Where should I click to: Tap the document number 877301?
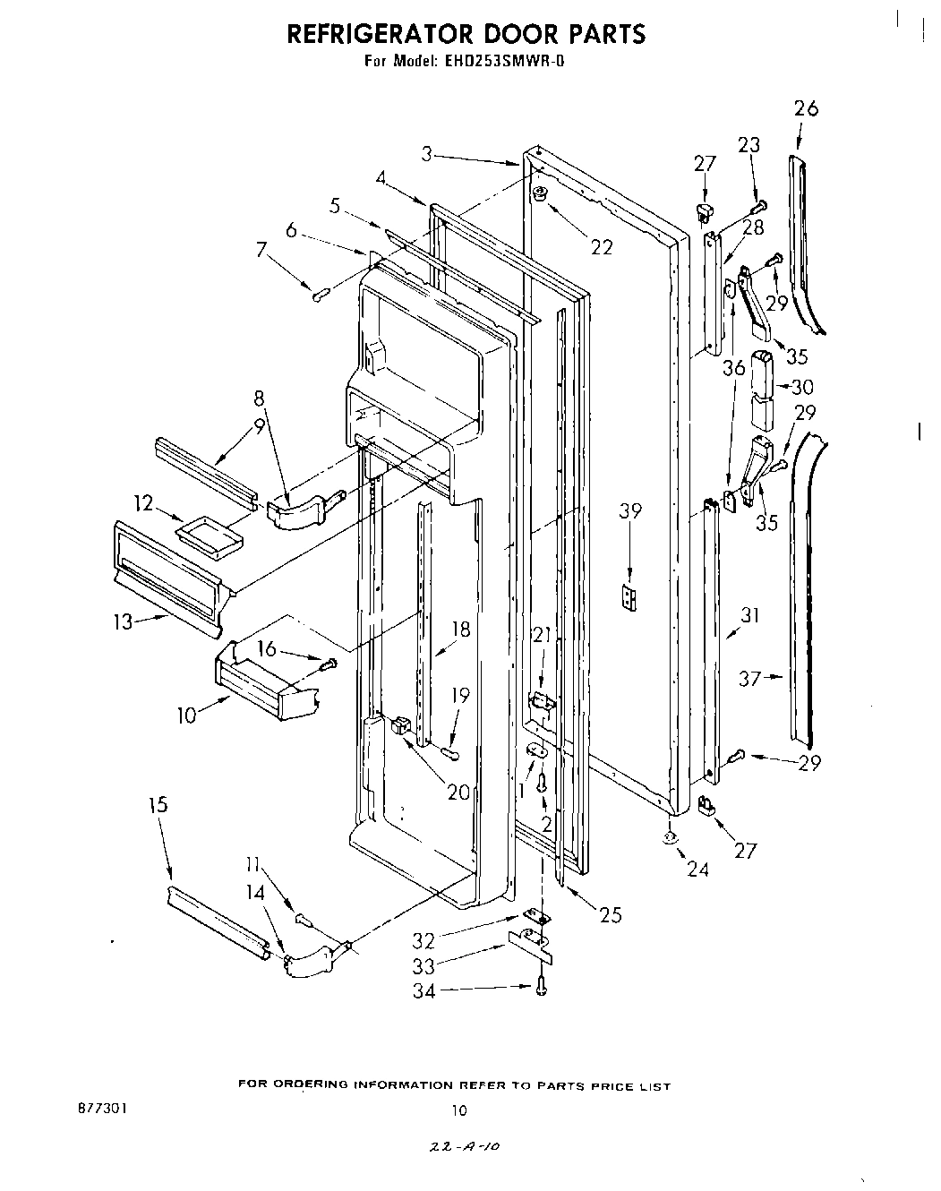pos(102,1108)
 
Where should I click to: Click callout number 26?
pos(806,109)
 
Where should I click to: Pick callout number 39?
pos(630,511)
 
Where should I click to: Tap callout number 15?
pos(157,805)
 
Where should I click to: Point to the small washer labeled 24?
pos(671,840)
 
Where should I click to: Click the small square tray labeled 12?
pos(211,536)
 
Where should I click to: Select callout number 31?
pos(749,616)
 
